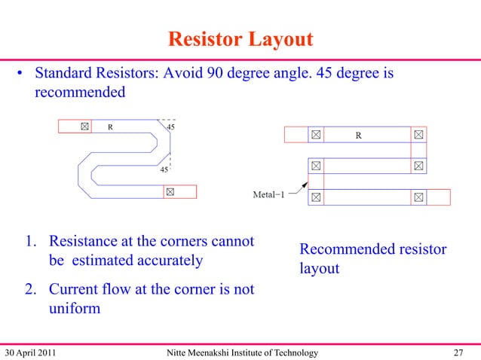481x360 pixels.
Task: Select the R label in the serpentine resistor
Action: [111, 127]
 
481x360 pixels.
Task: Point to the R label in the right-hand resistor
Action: [358, 136]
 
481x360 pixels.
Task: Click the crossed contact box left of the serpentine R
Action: [86, 127]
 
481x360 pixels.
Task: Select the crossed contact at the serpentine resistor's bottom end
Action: [170, 191]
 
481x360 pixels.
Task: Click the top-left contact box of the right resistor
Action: [315, 136]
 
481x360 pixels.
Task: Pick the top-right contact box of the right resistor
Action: [418, 136]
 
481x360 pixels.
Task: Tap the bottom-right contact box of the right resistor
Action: [418, 197]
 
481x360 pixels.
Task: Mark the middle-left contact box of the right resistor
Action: [315, 166]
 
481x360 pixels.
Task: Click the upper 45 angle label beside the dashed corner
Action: [171, 127]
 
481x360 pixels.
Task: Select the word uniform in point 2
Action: [75, 307]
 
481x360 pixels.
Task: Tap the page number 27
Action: [458, 352]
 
